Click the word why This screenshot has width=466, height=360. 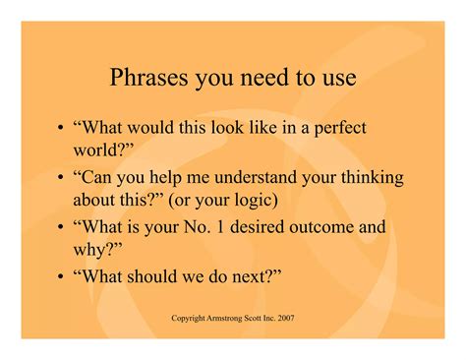[x=91, y=253]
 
